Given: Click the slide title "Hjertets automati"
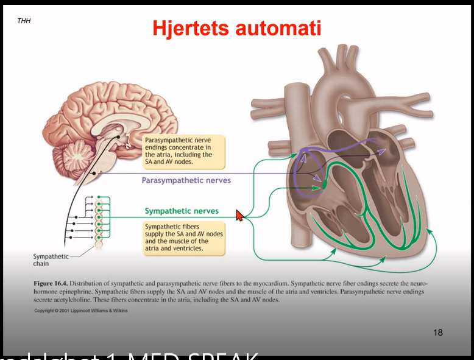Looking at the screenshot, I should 236,27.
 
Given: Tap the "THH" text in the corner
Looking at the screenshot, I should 24,21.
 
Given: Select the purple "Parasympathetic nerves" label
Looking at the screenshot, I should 186,180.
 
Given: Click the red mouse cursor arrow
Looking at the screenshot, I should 239,215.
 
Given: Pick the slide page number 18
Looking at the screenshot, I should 438,332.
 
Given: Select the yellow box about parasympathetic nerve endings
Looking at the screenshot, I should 183,152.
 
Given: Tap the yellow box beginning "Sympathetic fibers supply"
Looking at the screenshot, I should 183,238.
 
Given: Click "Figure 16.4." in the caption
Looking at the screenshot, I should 50,284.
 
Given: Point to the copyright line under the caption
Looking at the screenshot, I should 81,311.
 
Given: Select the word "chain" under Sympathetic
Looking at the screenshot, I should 41,264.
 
